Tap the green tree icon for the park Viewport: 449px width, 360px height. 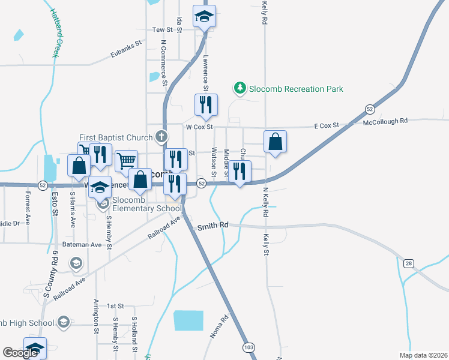click(240, 89)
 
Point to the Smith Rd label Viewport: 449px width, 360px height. click(213, 226)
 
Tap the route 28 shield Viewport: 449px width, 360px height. click(408, 263)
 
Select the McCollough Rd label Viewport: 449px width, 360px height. click(385, 121)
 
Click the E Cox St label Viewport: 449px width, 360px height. click(327, 125)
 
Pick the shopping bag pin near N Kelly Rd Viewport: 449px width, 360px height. click(275, 142)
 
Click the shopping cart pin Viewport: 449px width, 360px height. click(126, 160)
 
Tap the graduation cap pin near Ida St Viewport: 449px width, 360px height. click(204, 16)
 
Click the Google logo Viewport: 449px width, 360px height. click(20, 353)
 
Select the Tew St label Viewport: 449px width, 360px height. click(162, 29)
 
